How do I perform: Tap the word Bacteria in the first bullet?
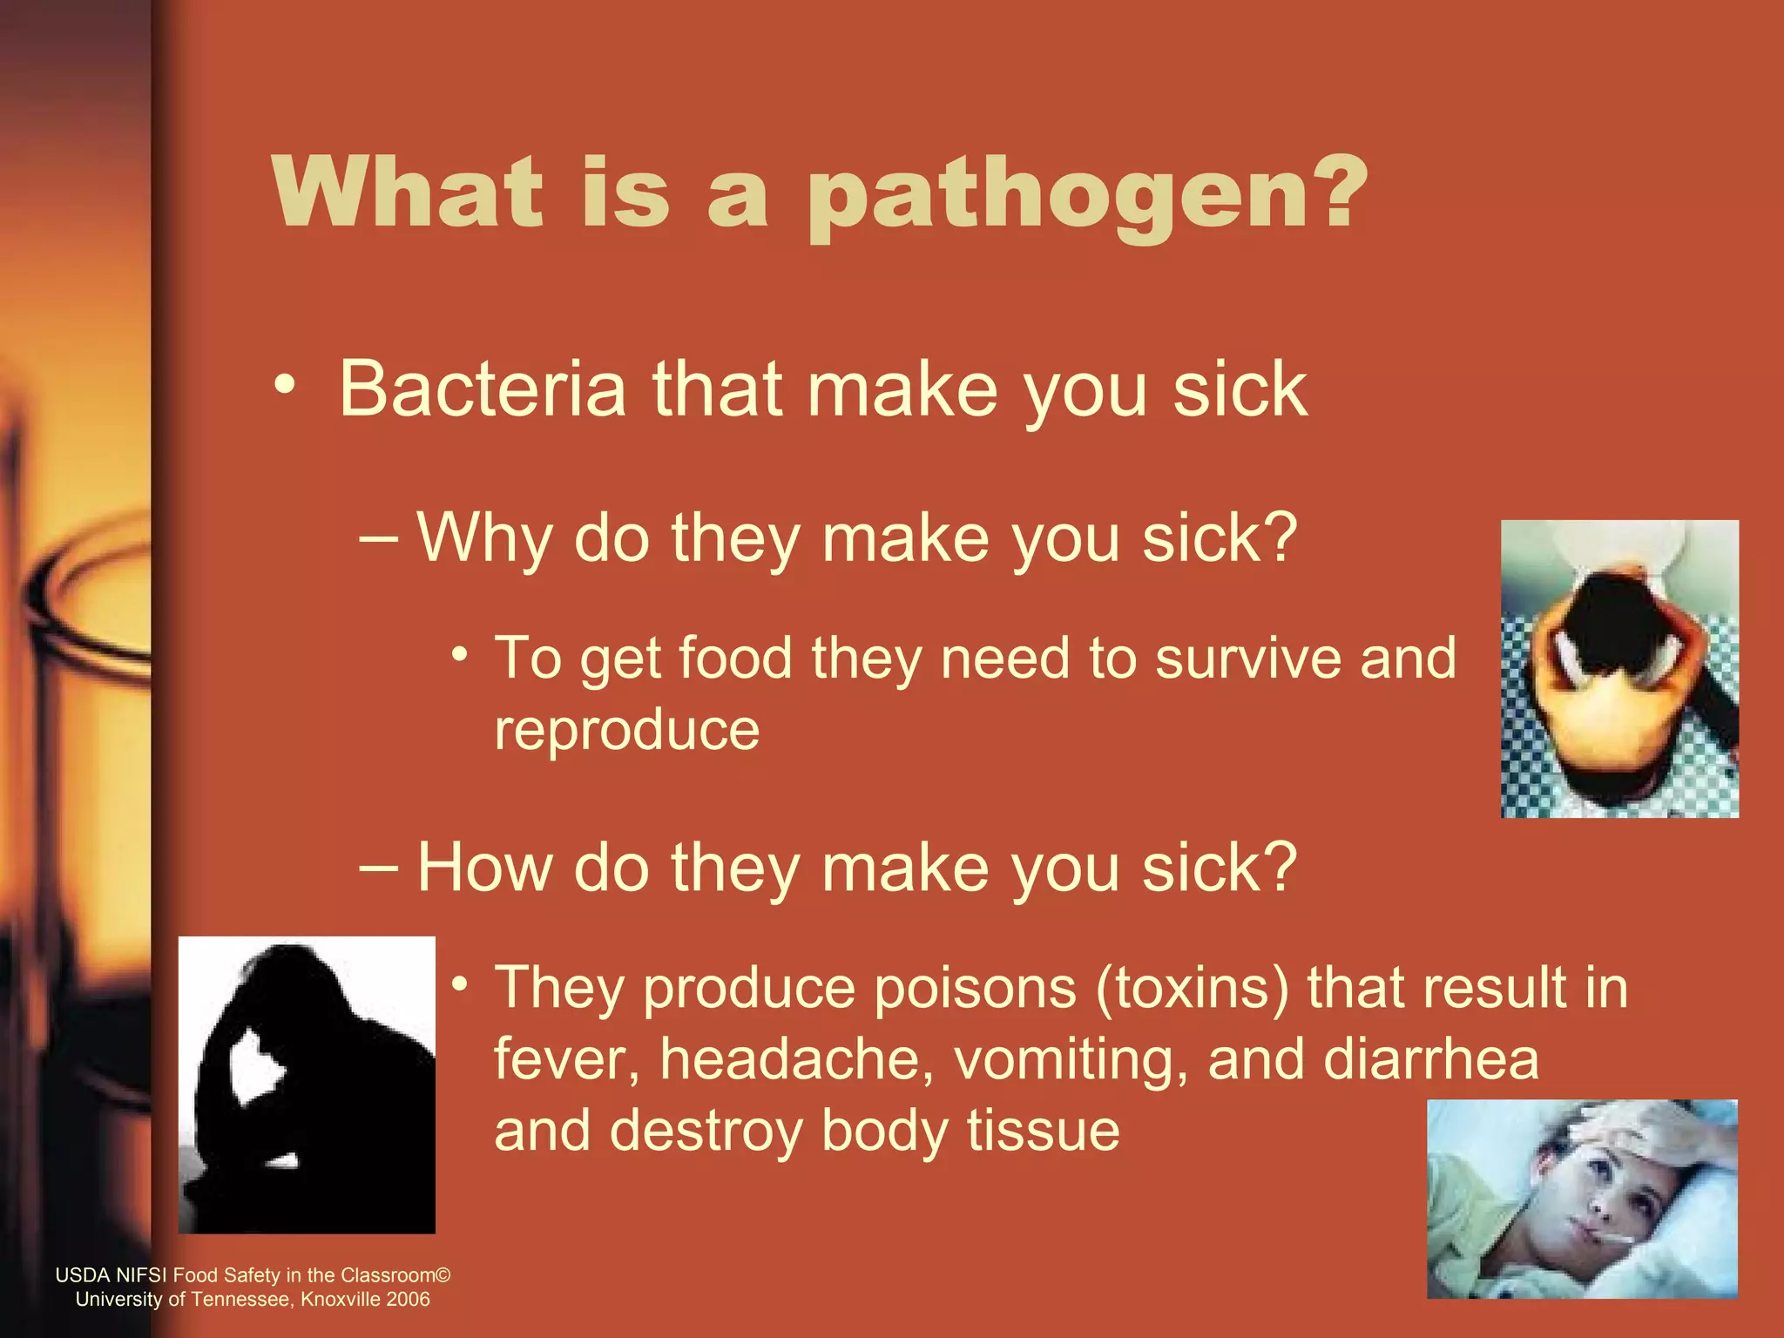click(x=483, y=389)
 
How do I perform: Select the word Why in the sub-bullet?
click(x=484, y=538)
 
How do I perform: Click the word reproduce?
click(x=626, y=730)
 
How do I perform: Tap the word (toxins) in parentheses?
click(x=1192, y=988)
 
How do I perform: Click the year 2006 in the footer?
click(x=409, y=1300)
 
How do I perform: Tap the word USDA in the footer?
click(x=83, y=1275)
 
